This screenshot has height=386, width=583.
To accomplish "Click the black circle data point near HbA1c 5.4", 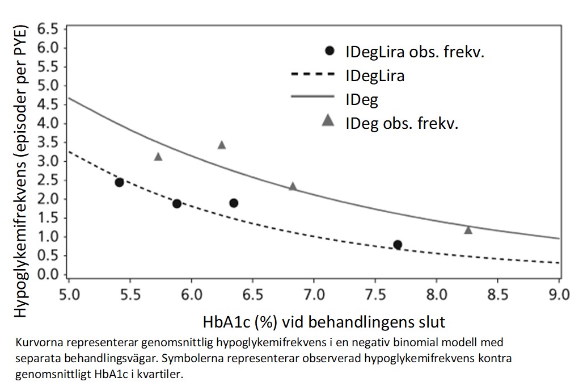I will pos(119,182).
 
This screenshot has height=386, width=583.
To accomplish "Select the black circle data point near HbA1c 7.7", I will pos(398,245).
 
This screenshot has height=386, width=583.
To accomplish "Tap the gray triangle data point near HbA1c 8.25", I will pos(468,230).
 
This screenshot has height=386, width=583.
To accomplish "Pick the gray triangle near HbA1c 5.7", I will pos(158,157).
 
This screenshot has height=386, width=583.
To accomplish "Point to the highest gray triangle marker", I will pos(222,145).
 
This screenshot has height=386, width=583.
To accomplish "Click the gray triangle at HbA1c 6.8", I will pos(293,186).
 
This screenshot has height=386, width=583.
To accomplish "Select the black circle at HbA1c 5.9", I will pos(177,204).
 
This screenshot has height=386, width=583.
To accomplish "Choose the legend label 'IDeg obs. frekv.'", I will pos(402,123).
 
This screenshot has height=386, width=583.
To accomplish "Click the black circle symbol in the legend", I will pos(330,51).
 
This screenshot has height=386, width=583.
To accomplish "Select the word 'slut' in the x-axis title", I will pos(430,322).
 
